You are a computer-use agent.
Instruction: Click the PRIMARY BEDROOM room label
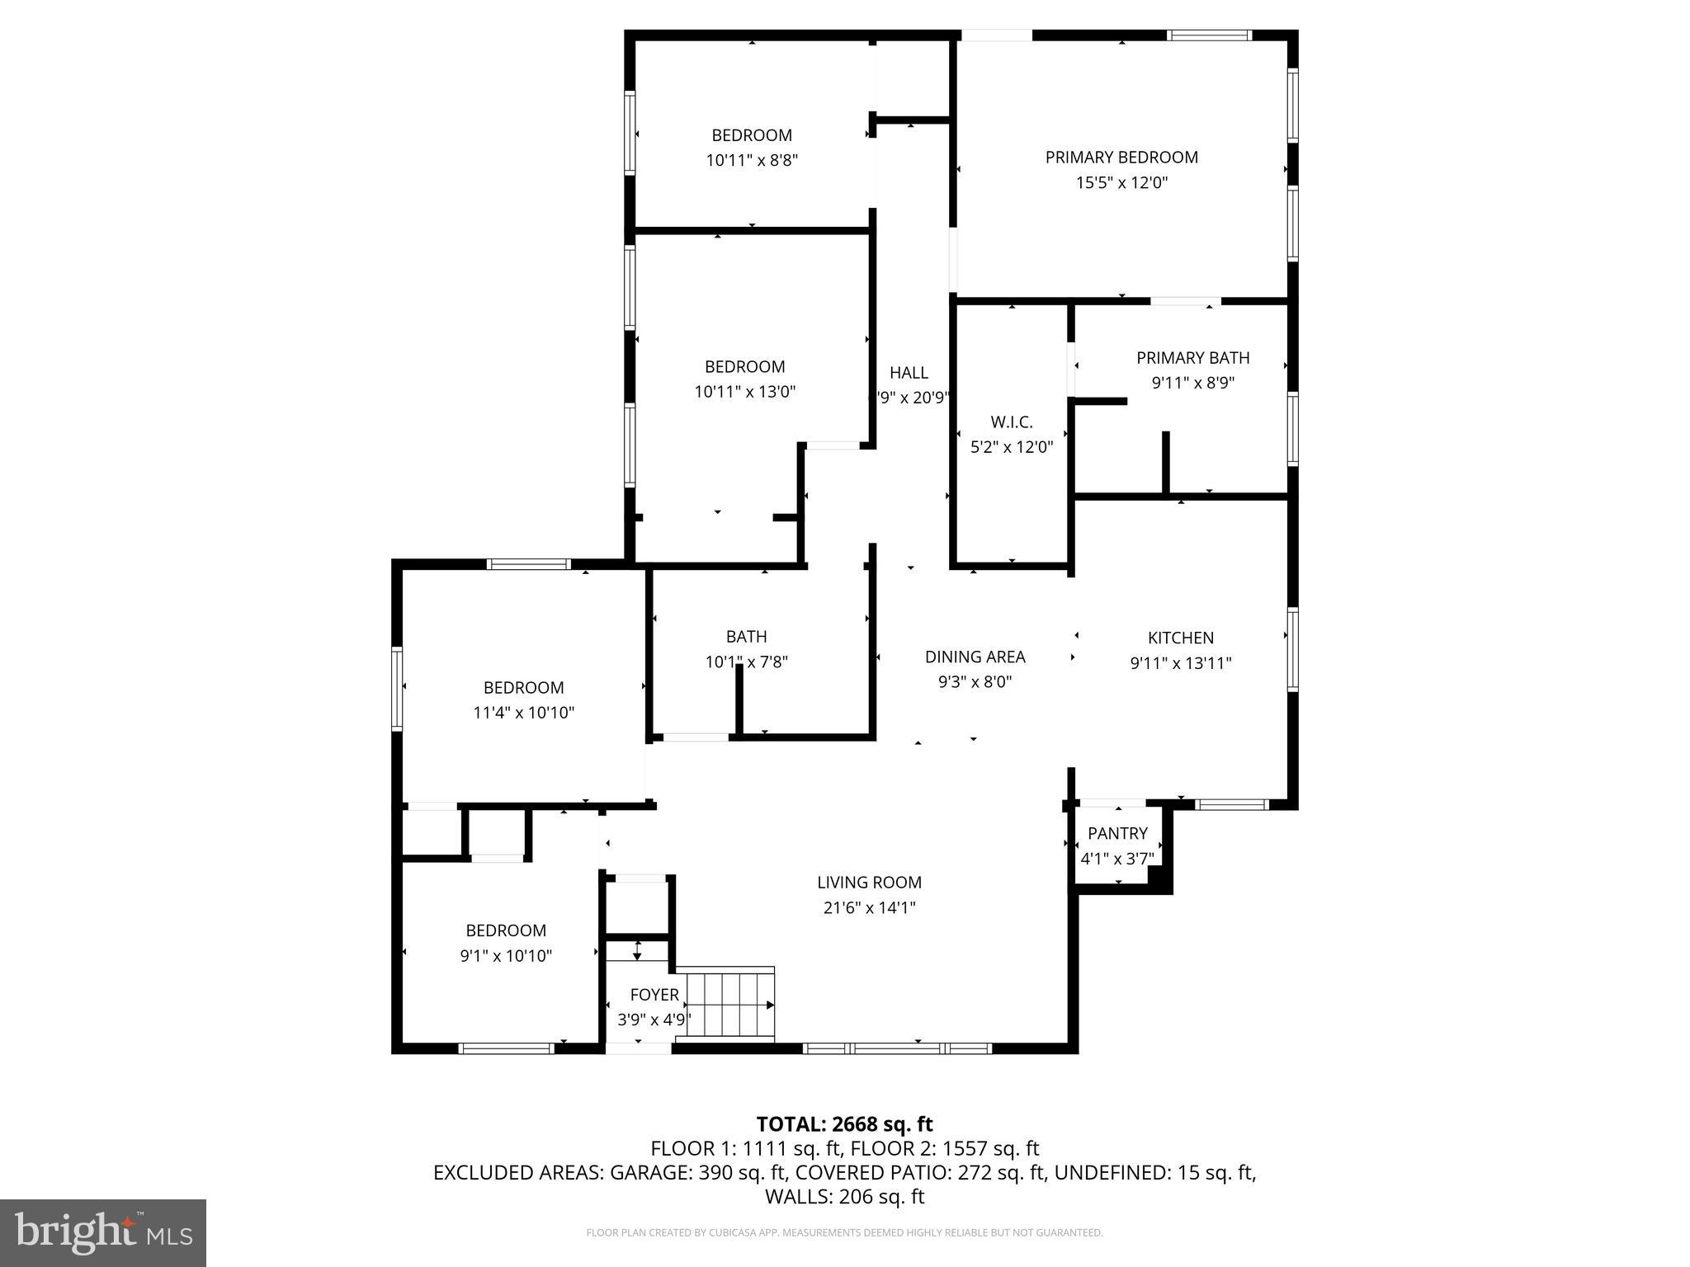(x=1121, y=158)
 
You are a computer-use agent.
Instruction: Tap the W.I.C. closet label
(x=1012, y=422)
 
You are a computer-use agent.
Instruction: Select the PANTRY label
(x=1117, y=833)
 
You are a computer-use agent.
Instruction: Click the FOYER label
(x=654, y=995)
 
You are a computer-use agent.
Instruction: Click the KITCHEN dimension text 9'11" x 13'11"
(x=1181, y=663)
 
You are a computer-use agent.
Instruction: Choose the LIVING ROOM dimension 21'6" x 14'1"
(x=870, y=908)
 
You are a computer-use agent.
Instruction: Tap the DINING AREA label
(x=975, y=657)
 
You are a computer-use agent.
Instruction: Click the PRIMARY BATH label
(x=1192, y=358)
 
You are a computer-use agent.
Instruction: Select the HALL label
(x=909, y=373)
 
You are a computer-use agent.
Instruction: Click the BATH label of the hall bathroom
(x=746, y=637)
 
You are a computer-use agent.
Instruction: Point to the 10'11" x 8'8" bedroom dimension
(x=752, y=161)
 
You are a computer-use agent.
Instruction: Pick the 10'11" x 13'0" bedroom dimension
(x=744, y=392)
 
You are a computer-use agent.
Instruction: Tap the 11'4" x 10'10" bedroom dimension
(x=523, y=713)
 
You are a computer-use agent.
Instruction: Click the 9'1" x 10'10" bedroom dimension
(x=506, y=956)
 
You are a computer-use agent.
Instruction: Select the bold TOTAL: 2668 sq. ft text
(x=844, y=1124)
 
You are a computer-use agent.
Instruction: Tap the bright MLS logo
(x=103, y=1232)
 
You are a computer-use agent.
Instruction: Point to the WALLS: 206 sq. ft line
(x=844, y=1197)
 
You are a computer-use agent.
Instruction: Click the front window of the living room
(x=897, y=1048)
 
